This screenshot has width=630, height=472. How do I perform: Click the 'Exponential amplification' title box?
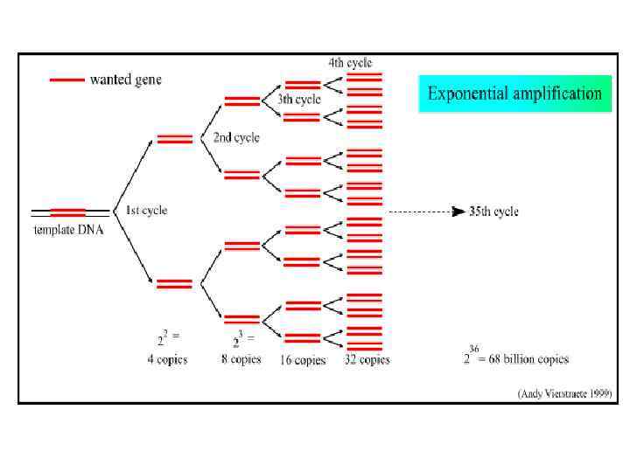(514, 94)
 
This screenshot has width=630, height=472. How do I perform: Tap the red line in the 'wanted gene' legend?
(67, 80)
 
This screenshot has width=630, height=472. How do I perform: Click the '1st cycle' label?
(146, 211)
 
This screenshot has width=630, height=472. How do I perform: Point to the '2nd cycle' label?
(236, 137)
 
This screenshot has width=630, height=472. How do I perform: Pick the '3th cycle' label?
(299, 100)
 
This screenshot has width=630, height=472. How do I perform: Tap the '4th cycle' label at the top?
(350, 63)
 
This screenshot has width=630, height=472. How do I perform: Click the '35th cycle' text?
(494, 212)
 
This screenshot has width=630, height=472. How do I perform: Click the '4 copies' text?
(166, 359)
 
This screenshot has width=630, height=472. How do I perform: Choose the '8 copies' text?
(241, 359)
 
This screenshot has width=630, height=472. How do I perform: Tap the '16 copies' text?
(303, 360)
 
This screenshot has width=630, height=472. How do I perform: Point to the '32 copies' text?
(367, 359)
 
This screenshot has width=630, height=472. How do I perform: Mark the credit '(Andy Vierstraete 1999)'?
(565, 393)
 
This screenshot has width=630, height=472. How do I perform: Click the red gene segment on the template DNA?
(68, 212)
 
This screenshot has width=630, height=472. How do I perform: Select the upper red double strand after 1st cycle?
(174, 138)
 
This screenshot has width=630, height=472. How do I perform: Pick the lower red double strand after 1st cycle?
(174, 283)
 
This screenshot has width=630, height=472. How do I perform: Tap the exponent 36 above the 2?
(475, 348)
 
